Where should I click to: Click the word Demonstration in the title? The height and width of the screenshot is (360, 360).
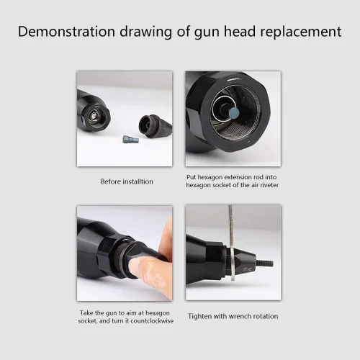point(66,31)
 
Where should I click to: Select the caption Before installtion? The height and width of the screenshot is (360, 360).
point(127,181)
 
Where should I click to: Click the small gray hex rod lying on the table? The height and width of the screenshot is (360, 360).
point(131,139)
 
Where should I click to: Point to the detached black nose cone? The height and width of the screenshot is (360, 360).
point(155,126)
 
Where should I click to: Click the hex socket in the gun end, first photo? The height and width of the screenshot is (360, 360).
point(94,117)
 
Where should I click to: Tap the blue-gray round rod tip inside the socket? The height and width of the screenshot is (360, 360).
point(233,112)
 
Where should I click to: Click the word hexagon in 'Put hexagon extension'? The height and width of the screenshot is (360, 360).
point(210,177)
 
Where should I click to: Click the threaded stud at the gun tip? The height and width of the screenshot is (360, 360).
point(265,264)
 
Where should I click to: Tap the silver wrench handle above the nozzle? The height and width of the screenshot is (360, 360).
point(231,225)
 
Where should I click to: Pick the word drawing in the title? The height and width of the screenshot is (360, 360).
point(146,32)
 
